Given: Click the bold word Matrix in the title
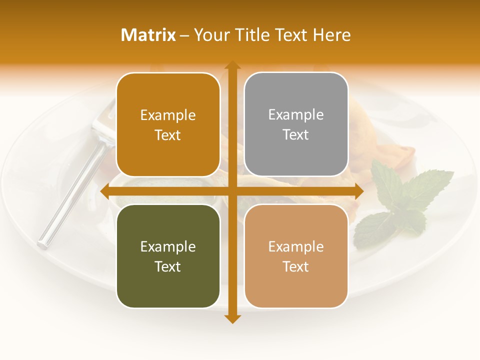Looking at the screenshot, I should (x=148, y=35).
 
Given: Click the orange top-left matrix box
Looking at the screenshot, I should (x=168, y=125).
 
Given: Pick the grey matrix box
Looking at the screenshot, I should (x=296, y=124).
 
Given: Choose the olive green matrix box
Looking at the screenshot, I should (x=168, y=256).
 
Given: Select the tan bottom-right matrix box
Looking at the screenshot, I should (x=296, y=256).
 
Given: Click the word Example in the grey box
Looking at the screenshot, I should (x=296, y=114).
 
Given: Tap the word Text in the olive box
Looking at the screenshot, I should (x=168, y=266).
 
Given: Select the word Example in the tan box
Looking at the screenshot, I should (x=296, y=246).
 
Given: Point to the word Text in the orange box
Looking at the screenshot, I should (x=168, y=135).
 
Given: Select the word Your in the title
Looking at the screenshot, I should (x=210, y=35).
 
